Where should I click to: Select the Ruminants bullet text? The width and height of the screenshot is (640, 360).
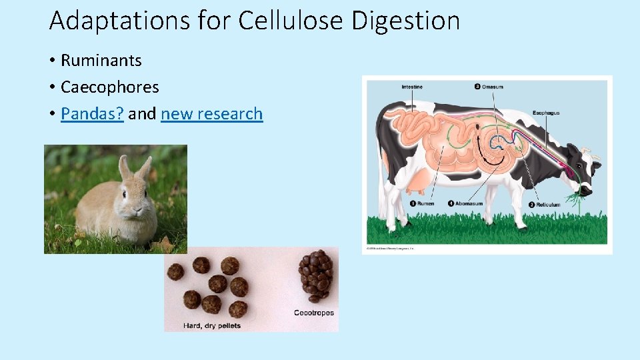click(101, 60)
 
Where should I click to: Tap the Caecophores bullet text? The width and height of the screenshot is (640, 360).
click(109, 87)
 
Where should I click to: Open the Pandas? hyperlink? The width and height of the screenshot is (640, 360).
click(92, 114)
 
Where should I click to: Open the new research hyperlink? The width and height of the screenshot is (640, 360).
click(211, 114)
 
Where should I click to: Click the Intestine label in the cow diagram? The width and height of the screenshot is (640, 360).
click(411, 87)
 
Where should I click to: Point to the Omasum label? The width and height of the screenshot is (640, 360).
click(492, 87)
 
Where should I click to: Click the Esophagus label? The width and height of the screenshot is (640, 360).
click(546, 113)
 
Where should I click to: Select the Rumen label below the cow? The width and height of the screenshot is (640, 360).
click(427, 204)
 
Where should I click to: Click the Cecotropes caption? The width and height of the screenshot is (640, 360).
click(314, 313)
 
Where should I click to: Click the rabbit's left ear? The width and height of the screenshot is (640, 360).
click(125, 167)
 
